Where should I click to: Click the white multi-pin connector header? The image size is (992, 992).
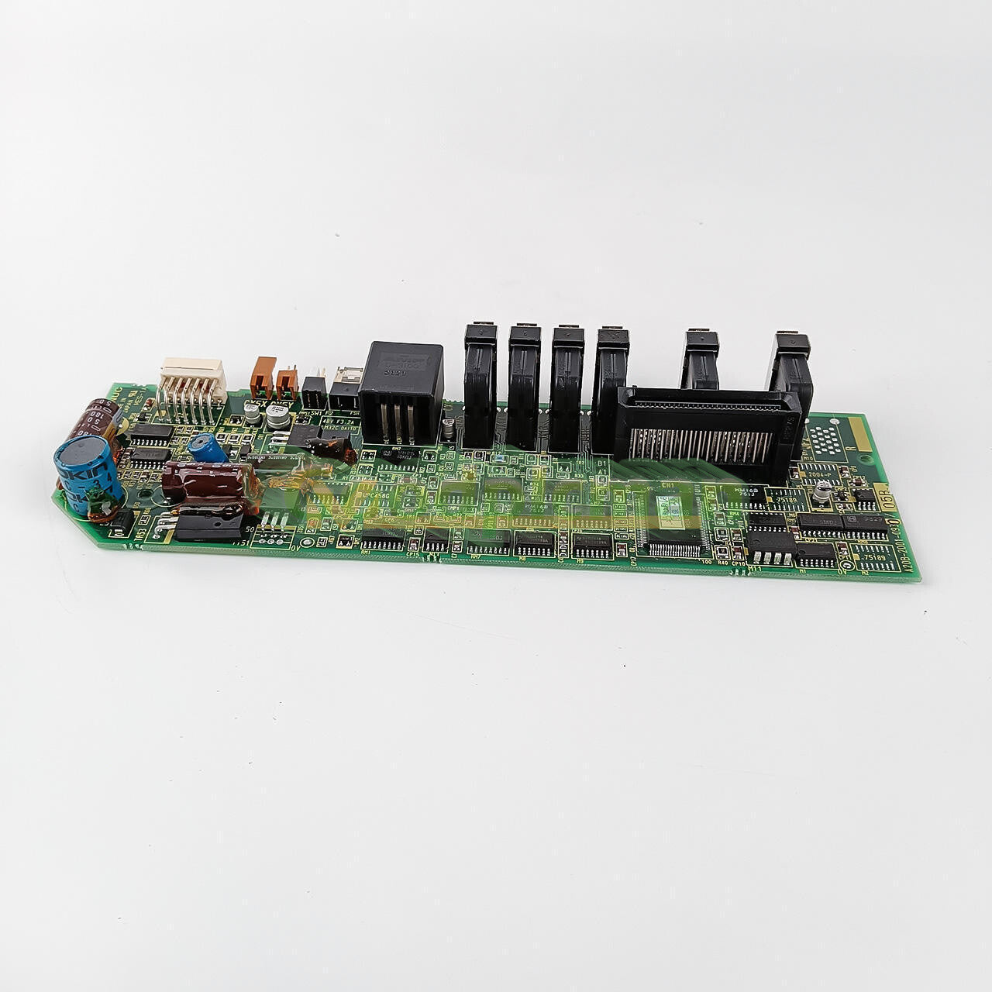191,382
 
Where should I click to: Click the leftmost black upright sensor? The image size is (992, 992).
480,384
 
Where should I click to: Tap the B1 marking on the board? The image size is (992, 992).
601,464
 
